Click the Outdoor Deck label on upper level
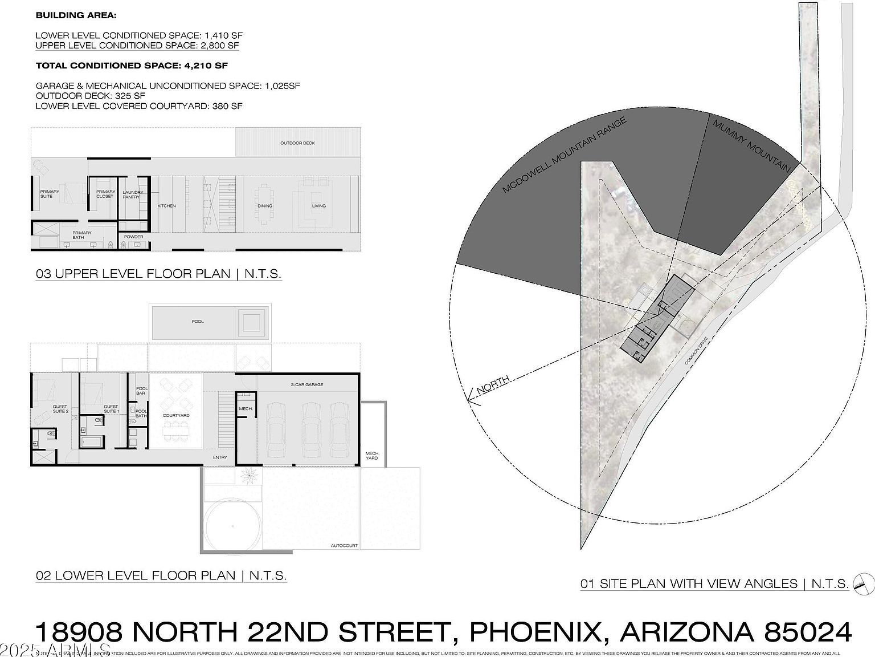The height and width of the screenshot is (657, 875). [297, 143]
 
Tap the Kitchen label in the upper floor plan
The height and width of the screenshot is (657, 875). [167, 206]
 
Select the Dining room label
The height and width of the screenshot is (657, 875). [265, 206]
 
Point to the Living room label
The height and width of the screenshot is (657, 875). [318, 206]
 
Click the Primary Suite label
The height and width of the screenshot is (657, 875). [46, 194]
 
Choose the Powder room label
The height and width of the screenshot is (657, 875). [133, 237]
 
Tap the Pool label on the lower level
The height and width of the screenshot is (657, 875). [198, 322]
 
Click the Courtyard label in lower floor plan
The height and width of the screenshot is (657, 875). [176, 416]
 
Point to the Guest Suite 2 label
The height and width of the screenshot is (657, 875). [60, 409]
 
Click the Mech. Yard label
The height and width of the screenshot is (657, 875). [371, 456]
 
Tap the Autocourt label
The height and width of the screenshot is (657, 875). [344, 546]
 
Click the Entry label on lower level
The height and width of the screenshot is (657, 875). [220, 457]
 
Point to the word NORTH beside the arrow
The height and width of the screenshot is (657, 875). [493, 387]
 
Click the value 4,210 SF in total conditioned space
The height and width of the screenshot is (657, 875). [206, 66]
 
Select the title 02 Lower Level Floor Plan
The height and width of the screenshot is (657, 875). [161, 575]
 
